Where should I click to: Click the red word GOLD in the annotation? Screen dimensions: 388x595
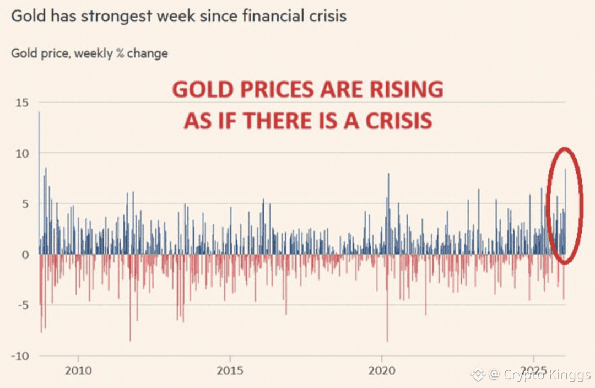(201, 89)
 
